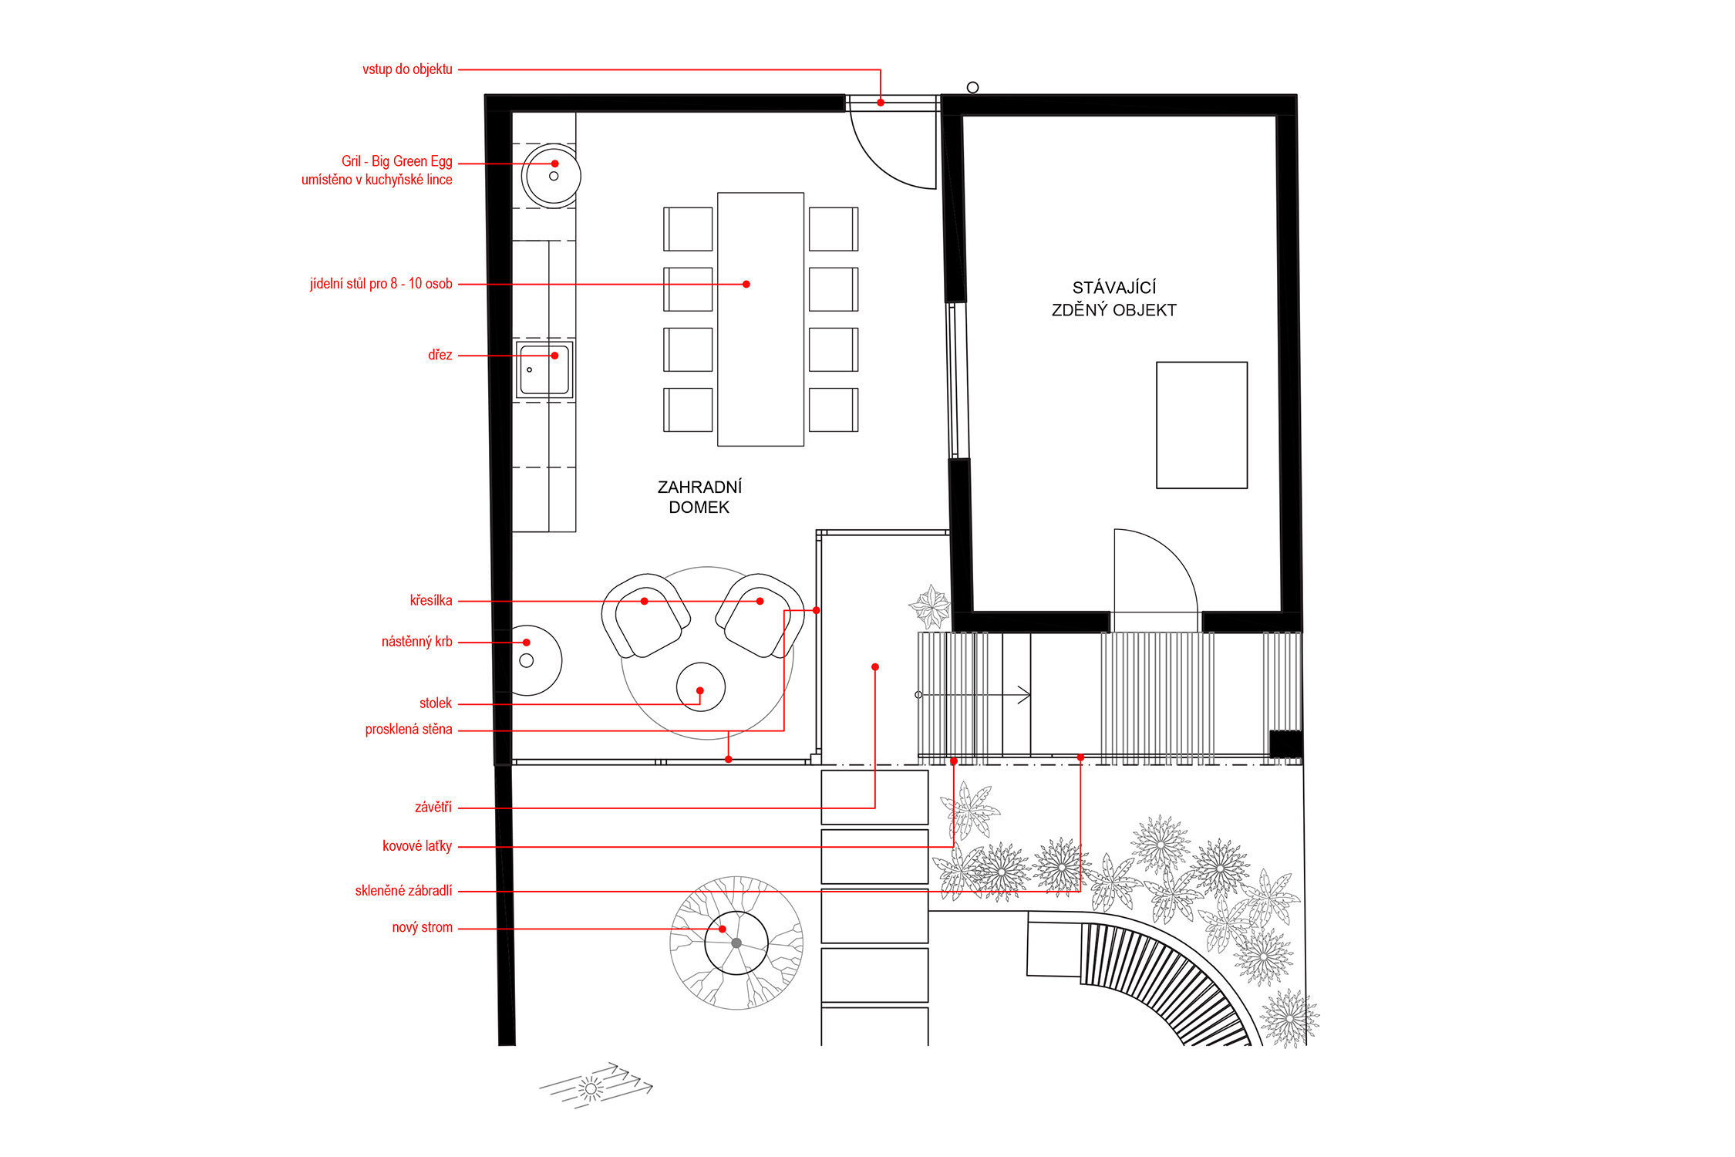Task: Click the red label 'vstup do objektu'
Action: point(407,69)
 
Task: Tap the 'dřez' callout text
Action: point(440,355)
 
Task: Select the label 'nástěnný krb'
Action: point(417,642)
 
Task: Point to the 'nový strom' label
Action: point(423,927)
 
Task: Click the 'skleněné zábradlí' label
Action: point(403,891)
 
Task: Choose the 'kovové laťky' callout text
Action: point(417,846)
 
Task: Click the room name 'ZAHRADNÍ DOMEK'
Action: point(699,498)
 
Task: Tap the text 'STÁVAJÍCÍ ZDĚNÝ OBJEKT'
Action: point(1114,299)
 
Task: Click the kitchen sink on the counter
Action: point(544,370)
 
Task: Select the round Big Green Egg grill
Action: point(551,175)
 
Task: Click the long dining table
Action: point(761,319)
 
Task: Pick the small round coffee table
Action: point(701,686)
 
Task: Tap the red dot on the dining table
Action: point(746,285)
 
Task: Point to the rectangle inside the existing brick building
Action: point(1202,425)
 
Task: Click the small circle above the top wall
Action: point(973,87)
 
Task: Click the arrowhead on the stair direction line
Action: point(1026,695)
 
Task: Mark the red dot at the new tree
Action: point(723,929)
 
